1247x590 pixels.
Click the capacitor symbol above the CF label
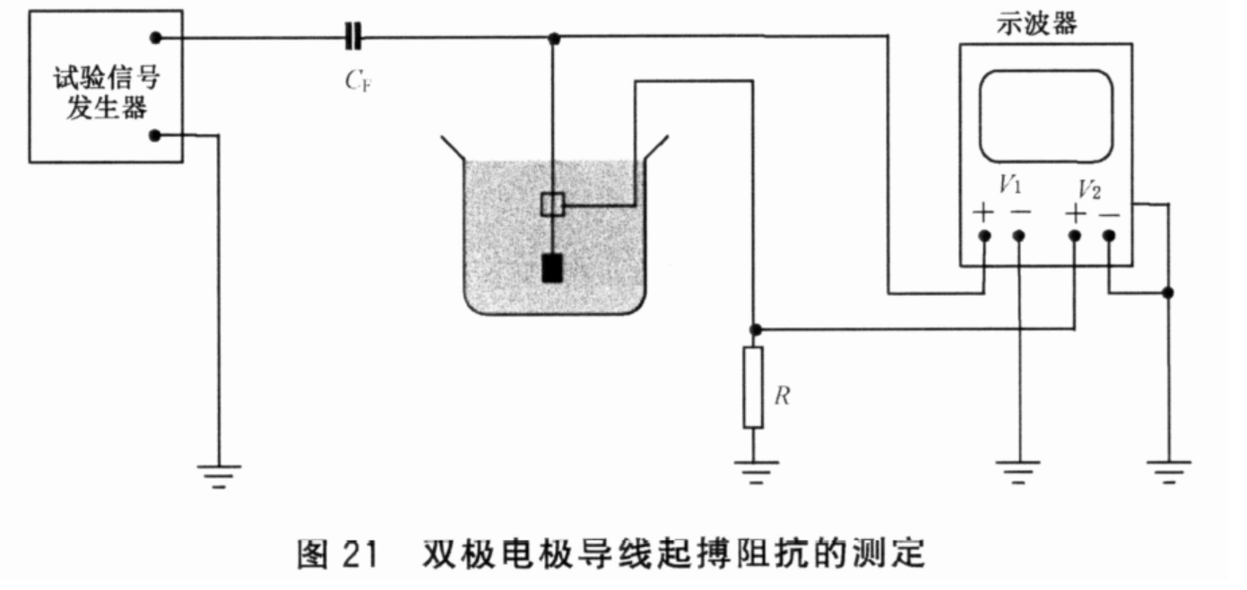[353, 38]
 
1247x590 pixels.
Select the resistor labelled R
[753, 387]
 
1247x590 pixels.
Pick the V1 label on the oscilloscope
[1010, 187]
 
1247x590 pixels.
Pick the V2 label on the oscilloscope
[1090, 187]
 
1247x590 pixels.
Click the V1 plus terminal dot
[984, 235]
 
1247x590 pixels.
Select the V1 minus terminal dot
[1018, 235]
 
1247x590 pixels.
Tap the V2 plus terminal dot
[1075, 235]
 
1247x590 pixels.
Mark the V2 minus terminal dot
[1109, 235]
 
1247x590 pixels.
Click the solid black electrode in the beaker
[552, 267]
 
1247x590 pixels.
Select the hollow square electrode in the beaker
[552, 204]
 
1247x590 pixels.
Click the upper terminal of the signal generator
[156, 38]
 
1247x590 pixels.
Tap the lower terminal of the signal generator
[156, 135]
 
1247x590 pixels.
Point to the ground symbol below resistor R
[753, 470]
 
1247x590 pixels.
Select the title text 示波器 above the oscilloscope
[1037, 24]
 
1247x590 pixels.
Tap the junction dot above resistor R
[754, 328]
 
